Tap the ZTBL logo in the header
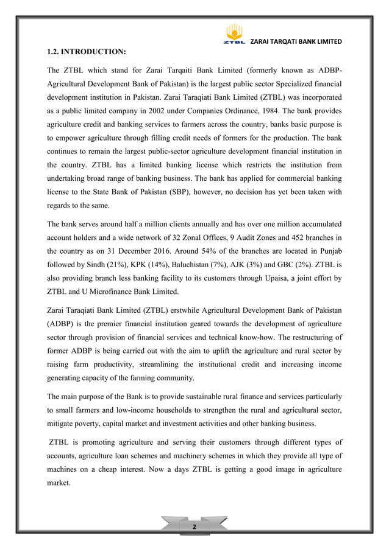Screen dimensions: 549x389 [x=234, y=34]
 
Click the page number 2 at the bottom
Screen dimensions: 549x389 [x=194, y=526]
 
